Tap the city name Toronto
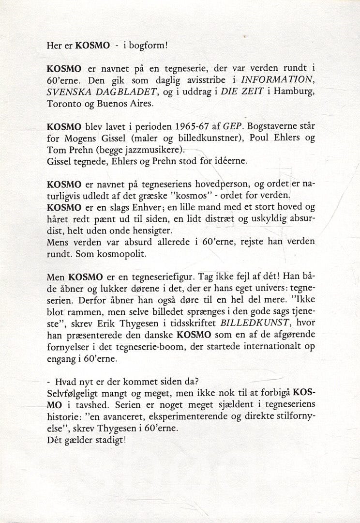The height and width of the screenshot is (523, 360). pyautogui.click(x=63, y=104)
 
